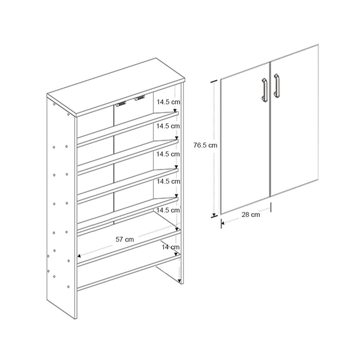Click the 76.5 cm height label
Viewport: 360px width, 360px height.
[x=205, y=146]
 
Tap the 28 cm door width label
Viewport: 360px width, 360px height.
[x=251, y=215]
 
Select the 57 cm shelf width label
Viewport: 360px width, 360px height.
[x=125, y=240]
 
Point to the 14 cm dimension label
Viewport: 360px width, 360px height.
[x=170, y=248]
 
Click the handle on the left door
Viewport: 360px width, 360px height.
[x=264, y=90]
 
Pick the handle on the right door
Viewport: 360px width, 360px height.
[x=277, y=85]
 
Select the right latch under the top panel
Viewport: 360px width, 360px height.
[x=140, y=98]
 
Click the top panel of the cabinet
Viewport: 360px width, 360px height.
[x=116, y=86]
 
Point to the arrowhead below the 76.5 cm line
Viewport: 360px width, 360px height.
[x=214, y=214]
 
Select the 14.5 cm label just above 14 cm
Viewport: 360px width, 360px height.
[x=168, y=210]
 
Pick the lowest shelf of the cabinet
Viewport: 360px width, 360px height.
[x=128, y=273]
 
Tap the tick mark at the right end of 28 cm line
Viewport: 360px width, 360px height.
[x=271, y=207]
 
